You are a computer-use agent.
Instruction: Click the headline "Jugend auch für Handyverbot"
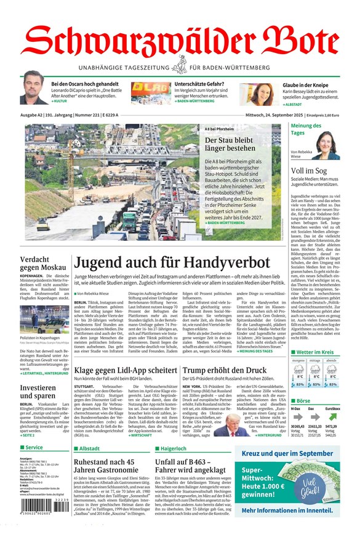click(x=172, y=263)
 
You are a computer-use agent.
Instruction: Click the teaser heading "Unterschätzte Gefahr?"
click(x=199, y=84)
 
